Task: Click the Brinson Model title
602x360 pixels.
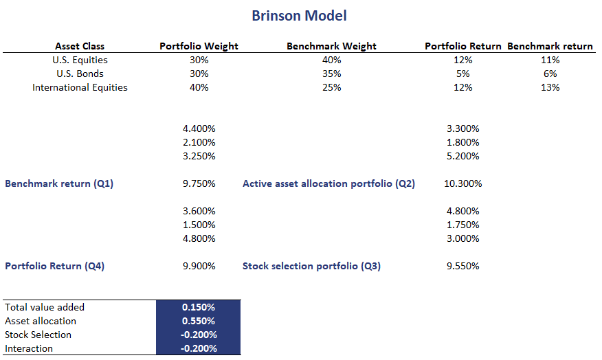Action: click(x=299, y=15)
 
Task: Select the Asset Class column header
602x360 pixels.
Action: click(x=80, y=46)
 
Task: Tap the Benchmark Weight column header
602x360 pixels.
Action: click(x=331, y=46)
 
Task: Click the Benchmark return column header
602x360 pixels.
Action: click(x=550, y=46)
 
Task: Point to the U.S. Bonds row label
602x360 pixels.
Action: click(x=80, y=74)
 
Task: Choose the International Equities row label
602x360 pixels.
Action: click(x=80, y=87)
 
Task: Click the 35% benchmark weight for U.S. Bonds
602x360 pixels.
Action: click(x=331, y=74)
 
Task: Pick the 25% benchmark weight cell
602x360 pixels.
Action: click(x=331, y=87)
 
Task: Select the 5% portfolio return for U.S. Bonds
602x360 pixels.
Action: click(x=462, y=74)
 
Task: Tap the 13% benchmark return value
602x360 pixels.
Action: click(x=550, y=87)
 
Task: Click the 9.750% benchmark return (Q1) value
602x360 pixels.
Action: click(x=199, y=183)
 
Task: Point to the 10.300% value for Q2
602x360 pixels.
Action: click(x=462, y=183)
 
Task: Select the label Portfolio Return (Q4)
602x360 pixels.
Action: click(x=54, y=266)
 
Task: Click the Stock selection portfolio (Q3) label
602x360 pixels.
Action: click(x=311, y=266)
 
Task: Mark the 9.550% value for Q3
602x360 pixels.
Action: click(x=462, y=266)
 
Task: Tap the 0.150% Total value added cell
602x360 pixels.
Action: click(x=199, y=307)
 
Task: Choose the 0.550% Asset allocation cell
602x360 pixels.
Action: click(x=199, y=321)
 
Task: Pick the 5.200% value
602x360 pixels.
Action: click(x=462, y=156)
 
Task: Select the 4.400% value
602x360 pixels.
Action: click(x=199, y=128)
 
